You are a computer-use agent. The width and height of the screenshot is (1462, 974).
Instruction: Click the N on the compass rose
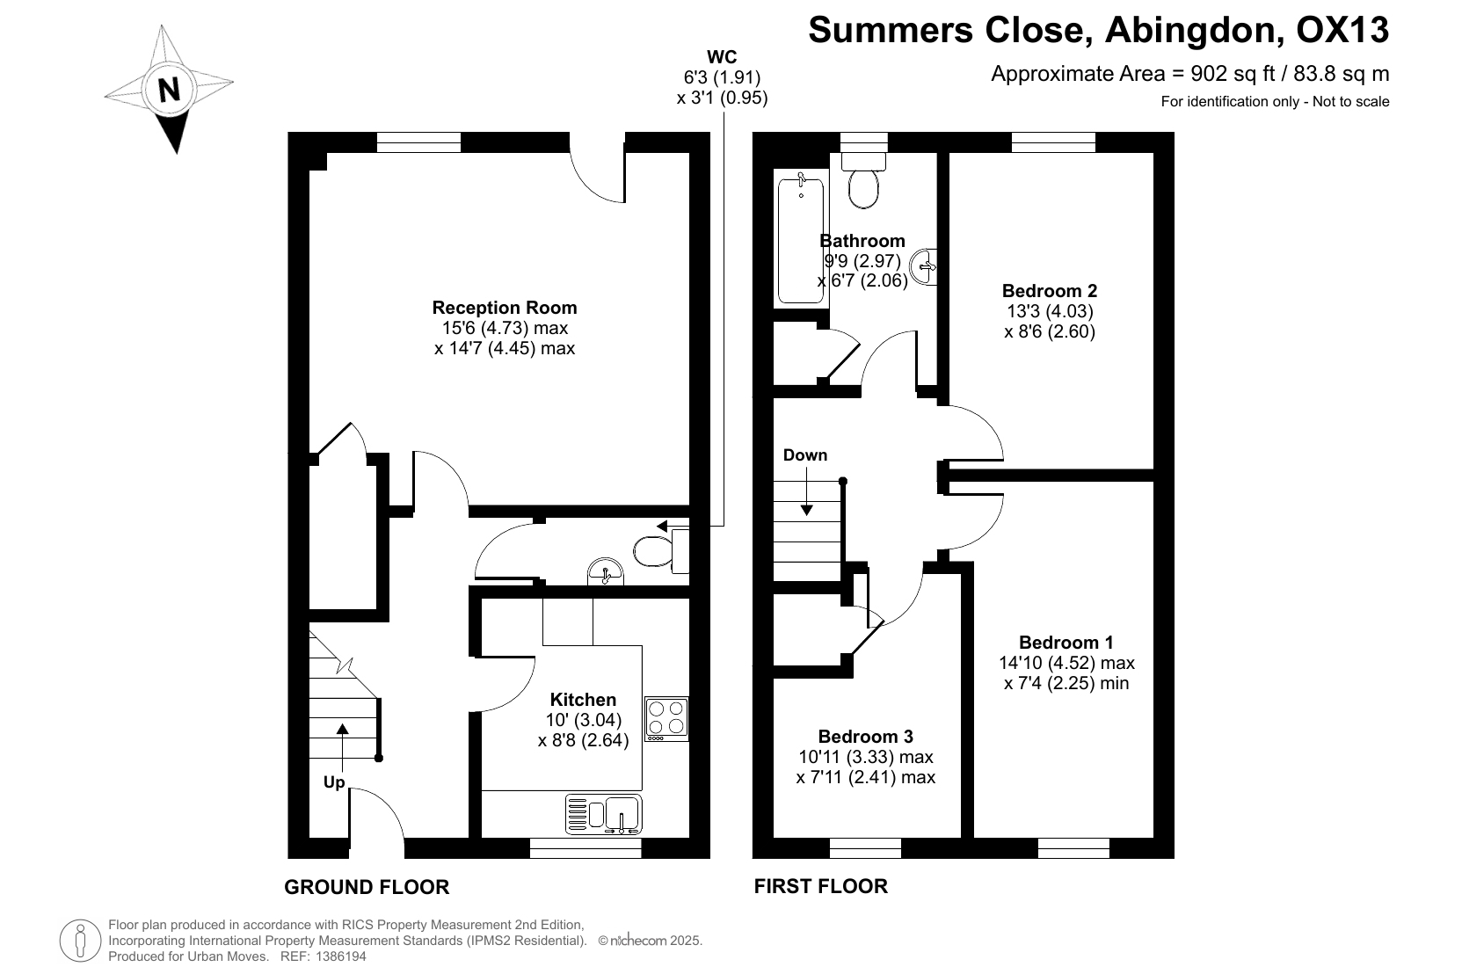tap(169, 89)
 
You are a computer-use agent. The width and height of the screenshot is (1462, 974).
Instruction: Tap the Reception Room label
tap(505, 308)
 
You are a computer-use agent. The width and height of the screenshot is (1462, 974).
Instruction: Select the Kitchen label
tap(583, 700)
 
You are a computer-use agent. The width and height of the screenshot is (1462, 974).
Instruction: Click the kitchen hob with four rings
tap(666, 719)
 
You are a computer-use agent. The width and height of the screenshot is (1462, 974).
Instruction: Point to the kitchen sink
tap(604, 815)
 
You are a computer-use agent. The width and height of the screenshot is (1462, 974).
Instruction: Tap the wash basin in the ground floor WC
tap(605, 572)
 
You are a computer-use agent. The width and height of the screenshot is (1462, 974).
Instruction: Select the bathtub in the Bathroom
tap(801, 239)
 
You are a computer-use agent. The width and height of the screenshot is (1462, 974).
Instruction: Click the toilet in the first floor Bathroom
tap(863, 180)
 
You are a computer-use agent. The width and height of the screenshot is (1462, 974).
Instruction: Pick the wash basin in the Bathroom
tap(924, 266)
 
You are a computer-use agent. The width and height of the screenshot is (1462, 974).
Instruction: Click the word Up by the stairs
tap(334, 782)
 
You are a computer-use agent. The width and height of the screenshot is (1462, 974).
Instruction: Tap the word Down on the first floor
tap(804, 455)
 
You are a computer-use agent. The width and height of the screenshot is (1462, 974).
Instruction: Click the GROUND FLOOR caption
tap(367, 887)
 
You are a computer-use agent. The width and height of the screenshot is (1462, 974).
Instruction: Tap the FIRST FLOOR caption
tap(821, 886)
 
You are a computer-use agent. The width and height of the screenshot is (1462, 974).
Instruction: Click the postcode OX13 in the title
tap(1342, 30)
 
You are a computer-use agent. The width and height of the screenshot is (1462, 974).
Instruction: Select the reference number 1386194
tap(341, 956)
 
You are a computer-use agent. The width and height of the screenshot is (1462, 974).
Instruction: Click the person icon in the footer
tap(80, 941)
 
